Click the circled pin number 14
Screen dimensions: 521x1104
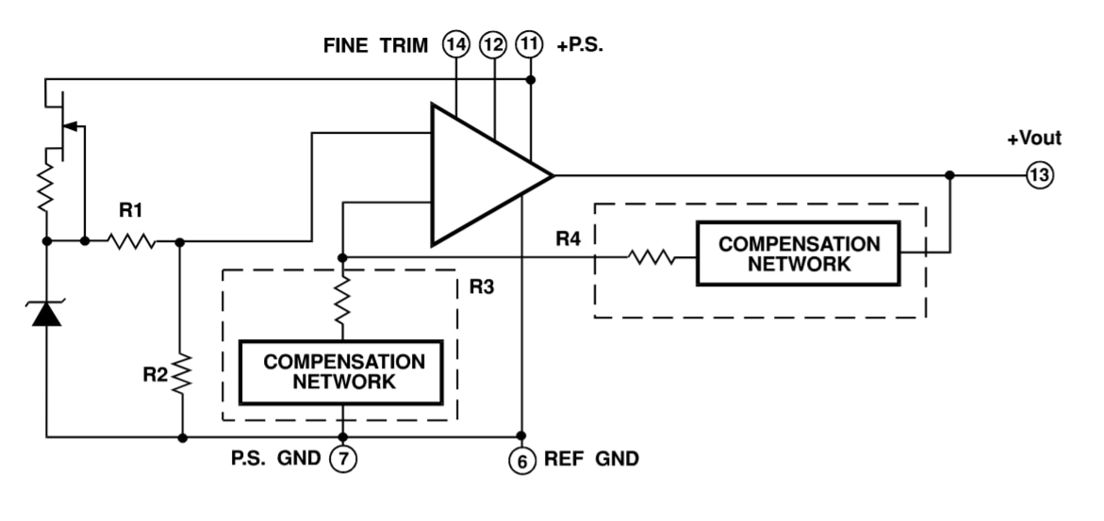point(455,44)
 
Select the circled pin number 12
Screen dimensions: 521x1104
point(493,44)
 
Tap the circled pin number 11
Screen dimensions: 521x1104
point(530,44)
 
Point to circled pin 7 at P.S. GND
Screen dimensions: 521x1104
point(342,462)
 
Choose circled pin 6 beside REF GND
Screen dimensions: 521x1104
point(520,462)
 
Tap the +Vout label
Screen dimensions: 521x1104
point(1034,138)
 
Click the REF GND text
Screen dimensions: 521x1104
point(591,462)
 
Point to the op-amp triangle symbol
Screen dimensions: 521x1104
point(481,175)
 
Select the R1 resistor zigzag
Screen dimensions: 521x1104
point(131,242)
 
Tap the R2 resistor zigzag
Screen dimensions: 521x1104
point(181,376)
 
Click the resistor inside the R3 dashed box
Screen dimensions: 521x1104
point(342,301)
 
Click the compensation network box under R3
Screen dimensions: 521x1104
point(343,372)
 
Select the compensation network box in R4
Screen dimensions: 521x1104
point(798,253)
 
